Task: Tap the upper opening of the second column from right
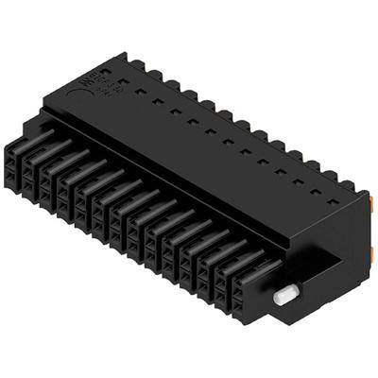210,270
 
